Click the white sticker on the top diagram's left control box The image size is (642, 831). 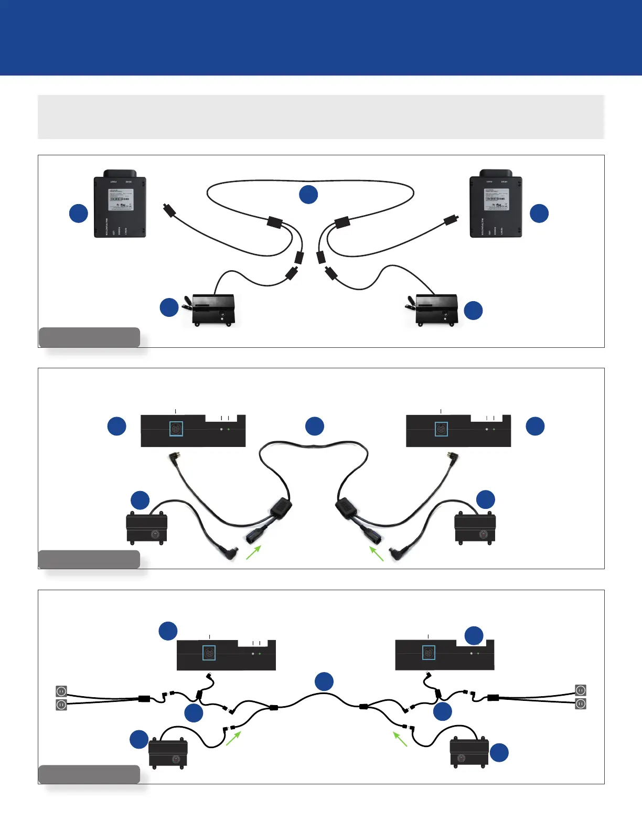point(121,200)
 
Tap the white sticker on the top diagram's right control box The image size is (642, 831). point(495,200)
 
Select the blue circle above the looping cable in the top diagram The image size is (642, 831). point(308,194)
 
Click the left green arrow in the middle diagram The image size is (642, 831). point(253,552)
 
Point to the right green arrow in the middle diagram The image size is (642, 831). point(377,554)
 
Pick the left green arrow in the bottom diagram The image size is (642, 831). point(233,738)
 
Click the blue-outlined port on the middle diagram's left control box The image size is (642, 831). point(176,429)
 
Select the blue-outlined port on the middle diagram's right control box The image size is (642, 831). point(442,429)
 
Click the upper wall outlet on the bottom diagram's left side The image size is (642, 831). point(61,691)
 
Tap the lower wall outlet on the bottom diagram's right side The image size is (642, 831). point(581,704)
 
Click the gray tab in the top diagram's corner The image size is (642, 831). point(89,337)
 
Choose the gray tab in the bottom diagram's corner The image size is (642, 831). point(89,774)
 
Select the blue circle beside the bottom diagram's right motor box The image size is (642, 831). point(499,752)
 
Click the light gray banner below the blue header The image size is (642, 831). point(321,117)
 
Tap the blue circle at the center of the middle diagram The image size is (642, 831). point(315,426)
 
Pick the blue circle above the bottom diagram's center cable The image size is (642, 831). point(324,681)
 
